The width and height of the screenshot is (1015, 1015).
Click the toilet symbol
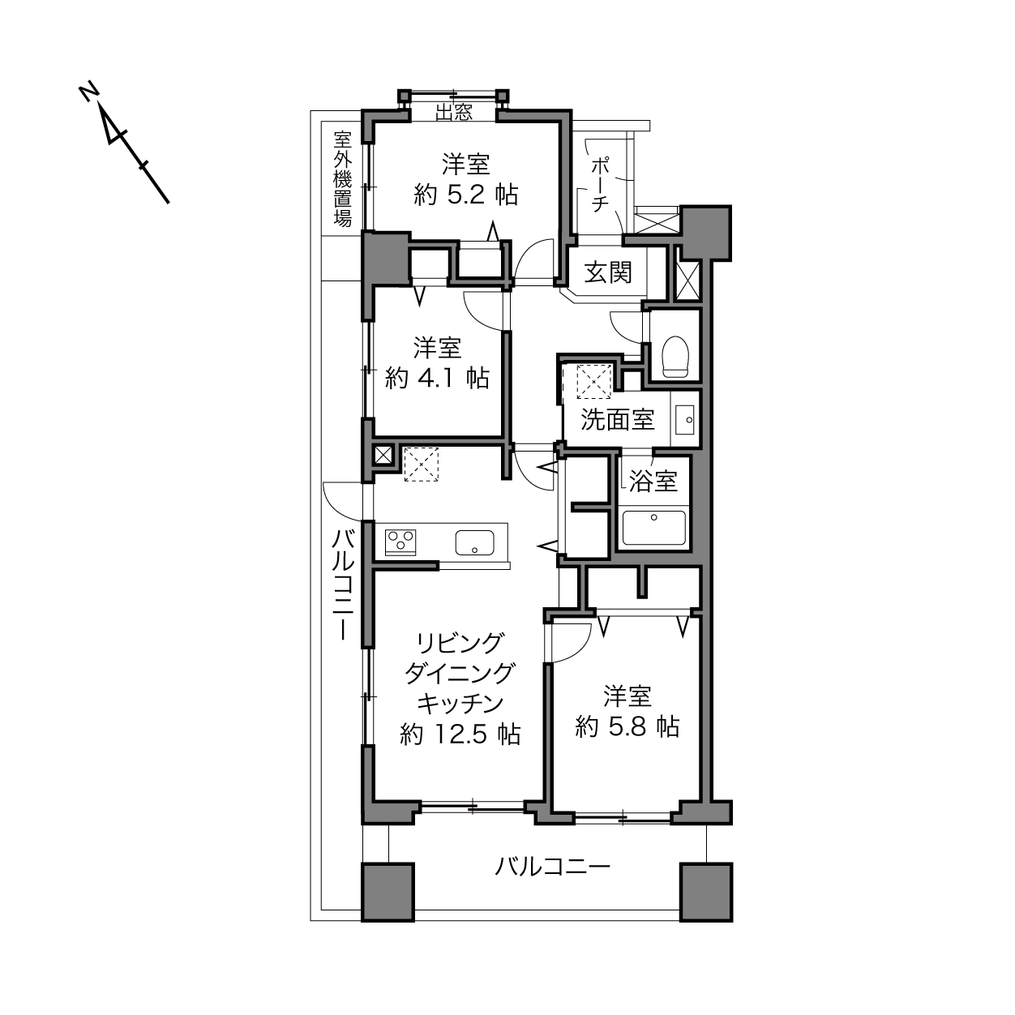pos(675,357)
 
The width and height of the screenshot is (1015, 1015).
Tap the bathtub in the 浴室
pos(653,527)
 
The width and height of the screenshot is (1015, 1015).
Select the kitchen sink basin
pos(474,542)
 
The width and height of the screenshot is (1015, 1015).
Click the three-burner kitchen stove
pos(400,542)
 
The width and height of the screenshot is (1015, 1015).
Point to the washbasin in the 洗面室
pos(685,420)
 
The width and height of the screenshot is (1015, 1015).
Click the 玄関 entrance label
pos(608,273)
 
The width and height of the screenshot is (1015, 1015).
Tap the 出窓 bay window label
pos(454,112)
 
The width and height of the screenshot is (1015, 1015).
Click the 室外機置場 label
pos(343,179)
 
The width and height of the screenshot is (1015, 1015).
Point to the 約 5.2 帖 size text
pos(465,195)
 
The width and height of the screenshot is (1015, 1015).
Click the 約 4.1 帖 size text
pos(437,378)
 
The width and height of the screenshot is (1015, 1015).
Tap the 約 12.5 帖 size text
pos(460,734)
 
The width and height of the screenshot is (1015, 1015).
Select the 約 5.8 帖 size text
pos(627,727)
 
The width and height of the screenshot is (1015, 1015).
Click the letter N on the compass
pos(89,93)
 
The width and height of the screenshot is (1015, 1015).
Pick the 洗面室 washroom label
pos(617,420)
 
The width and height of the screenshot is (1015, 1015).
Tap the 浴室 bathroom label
pos(653,481)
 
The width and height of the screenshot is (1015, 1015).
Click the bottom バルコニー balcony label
pos(553,867)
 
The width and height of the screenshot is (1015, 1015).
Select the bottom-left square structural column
pos(388,892)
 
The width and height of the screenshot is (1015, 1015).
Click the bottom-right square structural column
pos(706,892)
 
